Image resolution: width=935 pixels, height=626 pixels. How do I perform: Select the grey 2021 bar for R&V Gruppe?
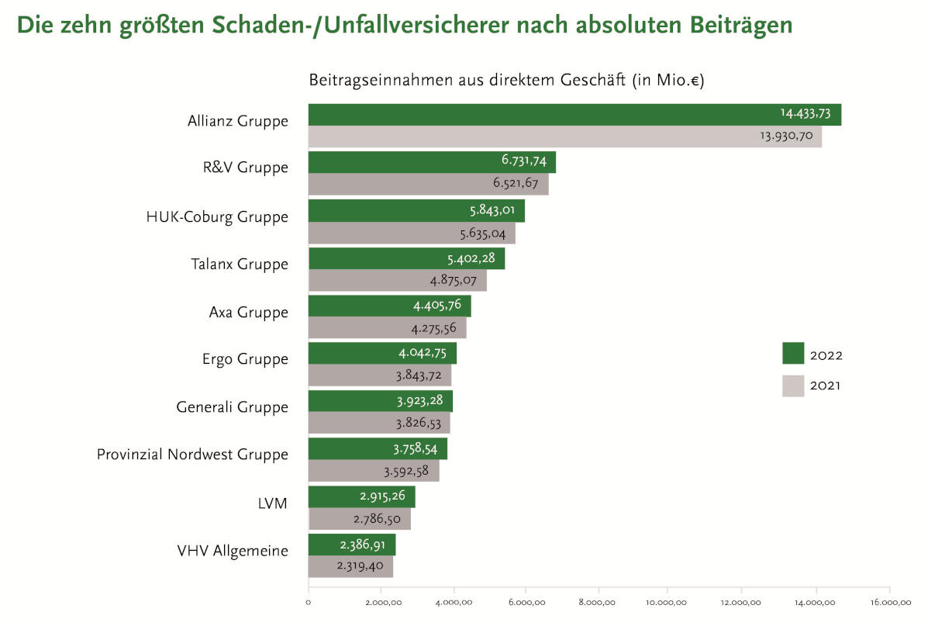pyautogui.click(x=428, y=185)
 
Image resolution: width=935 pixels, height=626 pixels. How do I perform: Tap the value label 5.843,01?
pyautogui.click(x=494, y=211)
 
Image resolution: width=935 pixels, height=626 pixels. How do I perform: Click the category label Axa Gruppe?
pyautogui.click(x=248, y=313)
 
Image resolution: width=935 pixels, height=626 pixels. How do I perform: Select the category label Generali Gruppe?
pyautogui.click(x=232, y=407)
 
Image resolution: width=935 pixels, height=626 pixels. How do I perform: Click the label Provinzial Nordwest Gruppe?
pyautogui.click(x=192, y=455)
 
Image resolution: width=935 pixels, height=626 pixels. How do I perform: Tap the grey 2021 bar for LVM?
pyautogui.click(x=359, y=519)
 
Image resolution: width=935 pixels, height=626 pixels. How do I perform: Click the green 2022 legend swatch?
pyautogui.click(x=793, y=354)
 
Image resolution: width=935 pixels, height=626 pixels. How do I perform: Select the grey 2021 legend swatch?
pyautogui.click(x=793, y=386)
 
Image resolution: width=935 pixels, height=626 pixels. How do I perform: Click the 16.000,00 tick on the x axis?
pyautogui.click(x=889, y=602)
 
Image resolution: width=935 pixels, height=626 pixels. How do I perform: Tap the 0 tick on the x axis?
pyautogui.click(x=309, y=602)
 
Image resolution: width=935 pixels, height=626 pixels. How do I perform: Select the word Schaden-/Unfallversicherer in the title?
pyautogui.click(x=378, y=26)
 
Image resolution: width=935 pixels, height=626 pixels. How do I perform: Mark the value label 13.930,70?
pyautogui.click(x=790, y=137)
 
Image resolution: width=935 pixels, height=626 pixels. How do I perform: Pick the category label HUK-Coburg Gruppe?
pyautogui.click(x=217, y=217)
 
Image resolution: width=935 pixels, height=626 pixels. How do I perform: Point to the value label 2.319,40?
pyautogui.click(x=360, y=566)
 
